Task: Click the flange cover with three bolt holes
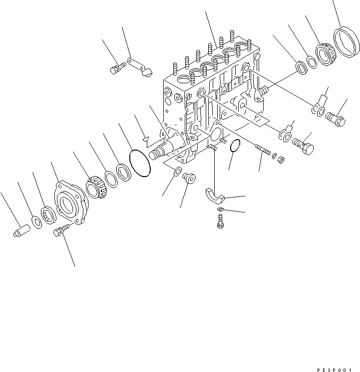point(70,204)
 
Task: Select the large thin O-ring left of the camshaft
point(140,163)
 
